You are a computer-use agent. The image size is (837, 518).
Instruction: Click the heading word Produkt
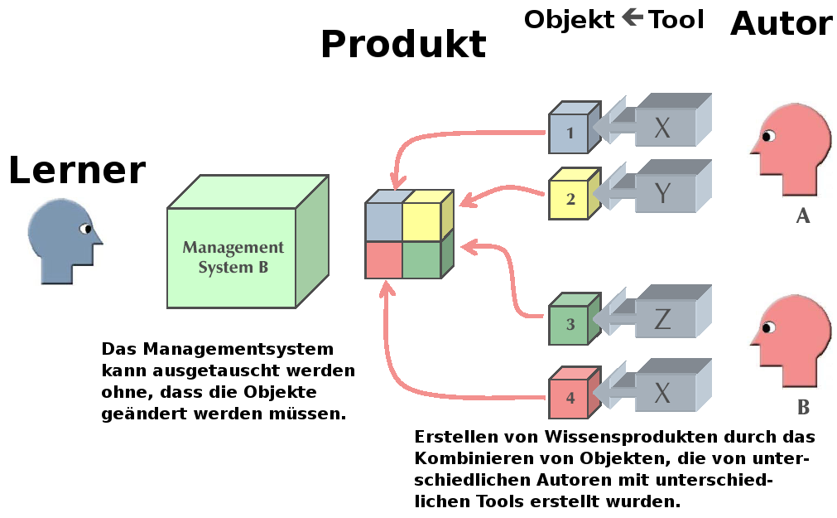coord(403,44)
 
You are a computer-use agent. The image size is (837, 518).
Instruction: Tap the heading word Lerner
coord(77,170)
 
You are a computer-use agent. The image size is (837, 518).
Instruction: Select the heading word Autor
coord(781,24)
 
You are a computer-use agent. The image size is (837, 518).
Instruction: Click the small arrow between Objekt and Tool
coord(633,17)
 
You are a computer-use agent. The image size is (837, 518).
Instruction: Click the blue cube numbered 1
coord(570,133)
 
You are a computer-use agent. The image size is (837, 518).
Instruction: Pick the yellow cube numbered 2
coord(570,200)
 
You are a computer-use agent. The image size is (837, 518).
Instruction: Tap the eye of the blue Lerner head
coord(84,229)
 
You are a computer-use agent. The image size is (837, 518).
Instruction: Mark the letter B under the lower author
coord(802,408)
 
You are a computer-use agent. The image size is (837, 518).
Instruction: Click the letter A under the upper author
coord(802,216)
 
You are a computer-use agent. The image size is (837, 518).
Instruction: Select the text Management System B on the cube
coord(233,257)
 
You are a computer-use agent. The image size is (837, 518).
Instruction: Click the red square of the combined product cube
coord(383,259)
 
